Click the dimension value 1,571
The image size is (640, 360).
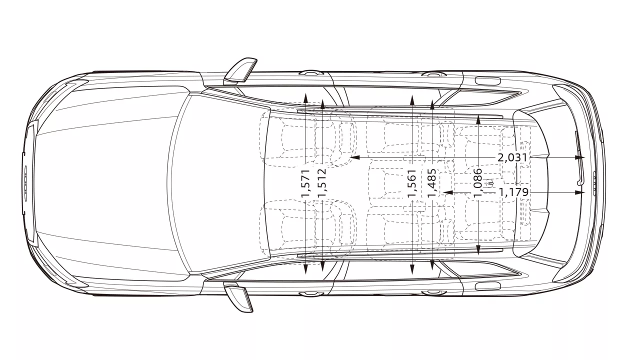tap(305, 183)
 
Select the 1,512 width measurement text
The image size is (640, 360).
tap(322, 183)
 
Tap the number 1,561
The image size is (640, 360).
tap(412, 183)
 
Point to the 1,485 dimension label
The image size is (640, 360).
tap(431, 183)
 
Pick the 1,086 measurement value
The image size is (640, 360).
tap(478, 183)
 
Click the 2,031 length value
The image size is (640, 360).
tap(512, 157)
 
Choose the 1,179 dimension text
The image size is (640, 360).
tap(513, 192)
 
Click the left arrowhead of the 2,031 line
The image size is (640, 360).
tap(354, 157)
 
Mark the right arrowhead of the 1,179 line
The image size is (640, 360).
tap(580, 192)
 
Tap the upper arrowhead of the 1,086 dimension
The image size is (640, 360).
tap(478, 119)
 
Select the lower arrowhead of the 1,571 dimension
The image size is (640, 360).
tap(305, 269)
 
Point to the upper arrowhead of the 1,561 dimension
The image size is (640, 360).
tap(412, 99)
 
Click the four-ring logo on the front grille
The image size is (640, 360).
tap(25, 183)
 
